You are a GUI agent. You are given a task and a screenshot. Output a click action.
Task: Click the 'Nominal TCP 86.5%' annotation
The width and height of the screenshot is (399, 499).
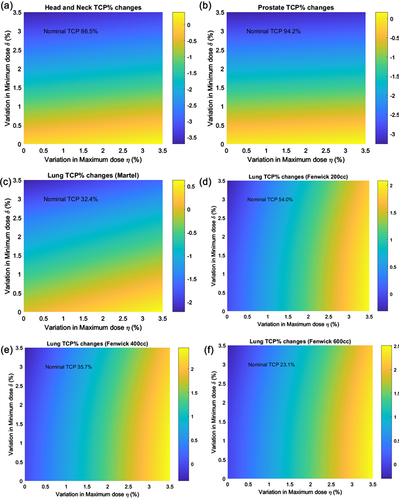(x=70, y=32)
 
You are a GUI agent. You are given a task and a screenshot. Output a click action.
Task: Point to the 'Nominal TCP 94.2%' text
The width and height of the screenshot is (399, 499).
(x=273, y=32)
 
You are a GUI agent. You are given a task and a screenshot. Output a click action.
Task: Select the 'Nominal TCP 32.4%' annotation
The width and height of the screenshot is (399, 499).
(x=70, y=199)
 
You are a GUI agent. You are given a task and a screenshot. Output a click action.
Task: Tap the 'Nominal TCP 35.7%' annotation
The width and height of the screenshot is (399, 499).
(x=69, y=367)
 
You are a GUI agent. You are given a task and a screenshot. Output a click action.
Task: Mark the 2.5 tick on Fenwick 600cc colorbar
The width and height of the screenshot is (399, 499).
(x=395, y=346)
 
